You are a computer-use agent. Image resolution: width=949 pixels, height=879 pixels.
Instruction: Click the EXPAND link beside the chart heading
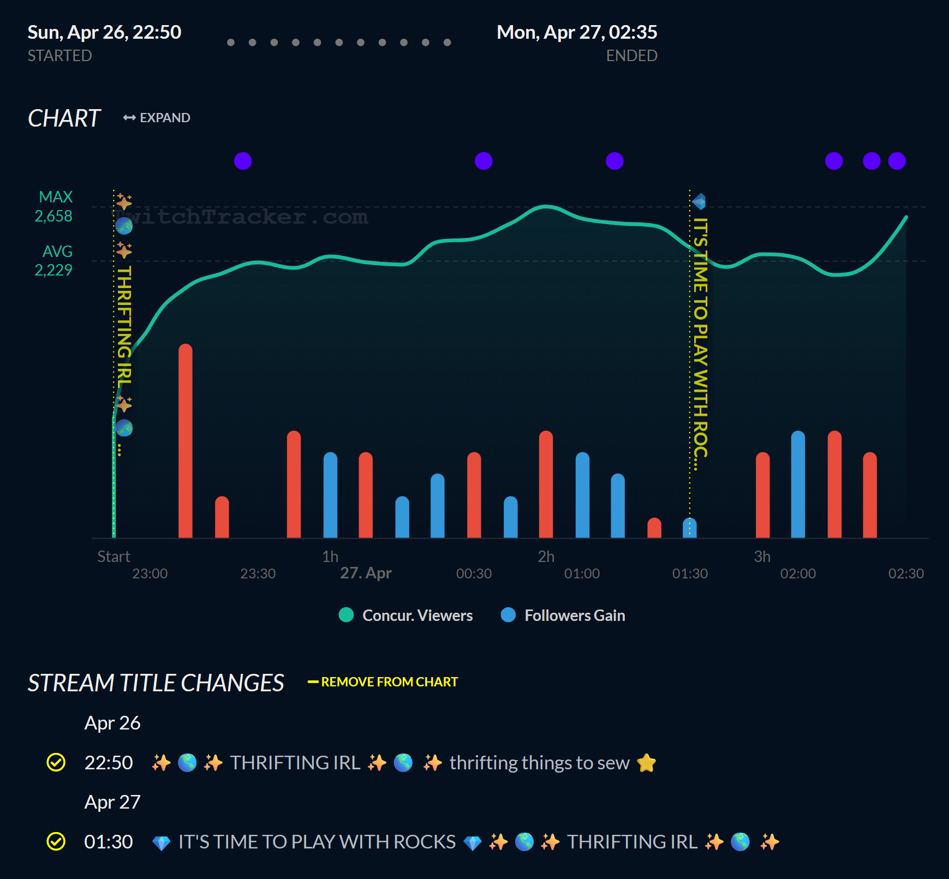(x=157, y=118)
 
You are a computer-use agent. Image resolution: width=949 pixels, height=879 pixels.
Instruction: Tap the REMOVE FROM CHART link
(x=383, y=682)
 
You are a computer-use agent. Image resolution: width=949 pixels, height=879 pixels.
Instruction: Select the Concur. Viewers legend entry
(x=406, y=615)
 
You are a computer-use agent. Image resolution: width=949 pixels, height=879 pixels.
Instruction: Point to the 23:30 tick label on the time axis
(x=258, y=573)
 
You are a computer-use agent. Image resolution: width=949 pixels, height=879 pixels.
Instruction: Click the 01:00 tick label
(x=582, y=573)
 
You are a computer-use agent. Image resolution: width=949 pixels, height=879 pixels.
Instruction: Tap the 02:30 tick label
(x=906, y=573)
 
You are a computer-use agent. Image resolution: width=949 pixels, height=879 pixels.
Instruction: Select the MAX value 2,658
(x=53, y=216)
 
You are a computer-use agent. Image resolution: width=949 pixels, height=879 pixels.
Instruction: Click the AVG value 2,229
(x=53, y=270)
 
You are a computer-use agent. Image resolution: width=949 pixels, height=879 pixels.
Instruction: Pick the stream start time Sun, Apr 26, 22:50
(x=104, y=32)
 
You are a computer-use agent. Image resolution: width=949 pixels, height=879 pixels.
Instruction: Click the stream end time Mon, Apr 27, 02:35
(x=577, y=32)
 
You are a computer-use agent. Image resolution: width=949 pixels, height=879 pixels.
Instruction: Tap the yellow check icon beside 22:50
(x=56, y=762)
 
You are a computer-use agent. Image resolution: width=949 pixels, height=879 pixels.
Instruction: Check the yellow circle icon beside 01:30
(x=56, y=841)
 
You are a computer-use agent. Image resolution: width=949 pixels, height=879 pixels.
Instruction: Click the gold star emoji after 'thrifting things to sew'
(x=646, y=762)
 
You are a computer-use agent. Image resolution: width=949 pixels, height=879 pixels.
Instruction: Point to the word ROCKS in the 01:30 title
(x=425, y=842)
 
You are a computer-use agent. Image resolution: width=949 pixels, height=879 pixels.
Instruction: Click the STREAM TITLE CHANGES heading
(x=156, y=683)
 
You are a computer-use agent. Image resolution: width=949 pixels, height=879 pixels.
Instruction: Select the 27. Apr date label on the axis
(x=366, y=573)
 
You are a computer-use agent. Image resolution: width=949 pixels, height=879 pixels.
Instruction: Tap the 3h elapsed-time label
(x=762, y=557)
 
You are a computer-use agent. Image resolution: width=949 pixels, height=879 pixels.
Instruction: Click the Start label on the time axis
(x=114, y=557)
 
